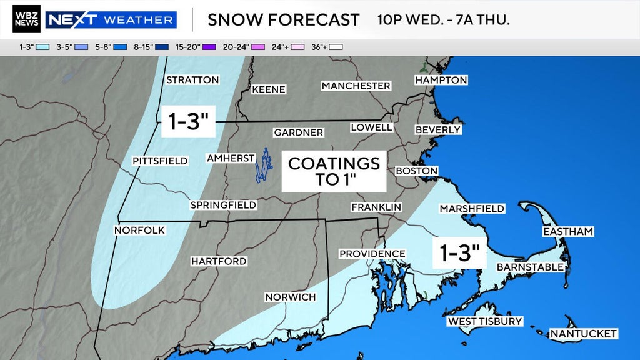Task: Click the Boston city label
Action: [x=416, y=171]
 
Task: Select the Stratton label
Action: [x=192, y=80]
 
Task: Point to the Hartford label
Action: [x=219, y=261]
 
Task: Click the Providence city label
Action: [x=372, y=254]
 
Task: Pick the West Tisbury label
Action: [x=484, y=322]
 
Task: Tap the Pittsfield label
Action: [x=160, y=161]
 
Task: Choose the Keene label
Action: [x=269, y=89]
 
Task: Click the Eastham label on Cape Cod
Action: [x=567, y=232]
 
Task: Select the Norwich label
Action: [x=290, y=297]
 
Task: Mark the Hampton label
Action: [x=441, y=80]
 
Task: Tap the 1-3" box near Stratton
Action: [x=188, y=121]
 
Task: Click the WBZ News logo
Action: [x=26, y=19]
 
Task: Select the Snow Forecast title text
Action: [x=283, y=20]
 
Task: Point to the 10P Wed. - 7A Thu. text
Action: [x=443, y=20]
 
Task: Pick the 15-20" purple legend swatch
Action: [x=207, y=46]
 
